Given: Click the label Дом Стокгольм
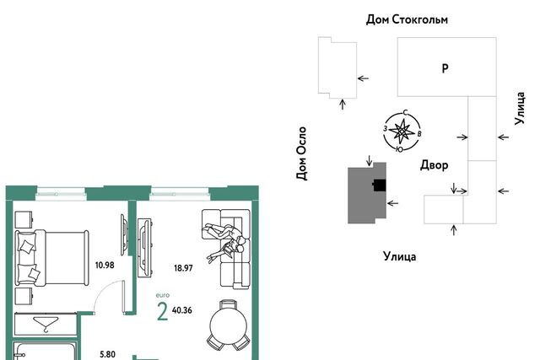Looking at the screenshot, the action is point(407,19).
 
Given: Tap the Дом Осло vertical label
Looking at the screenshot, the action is point(301,153).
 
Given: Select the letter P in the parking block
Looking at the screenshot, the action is point(445,68).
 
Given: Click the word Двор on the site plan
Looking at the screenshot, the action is point(434,165).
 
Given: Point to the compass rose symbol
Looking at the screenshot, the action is point(402,132).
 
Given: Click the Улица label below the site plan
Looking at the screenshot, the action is point(399,256).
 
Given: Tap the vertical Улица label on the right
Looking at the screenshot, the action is point(520,108).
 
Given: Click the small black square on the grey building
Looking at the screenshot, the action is point(380,185).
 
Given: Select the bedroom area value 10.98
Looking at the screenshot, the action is point(105,265).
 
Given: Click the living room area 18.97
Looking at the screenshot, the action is point(183,268).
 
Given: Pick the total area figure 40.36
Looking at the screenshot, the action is point(182,310).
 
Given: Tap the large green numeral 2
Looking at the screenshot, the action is point(162,311).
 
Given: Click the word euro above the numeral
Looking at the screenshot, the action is point(163,295).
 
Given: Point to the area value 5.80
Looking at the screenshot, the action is point(107,354).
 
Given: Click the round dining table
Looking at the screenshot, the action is point(229,325).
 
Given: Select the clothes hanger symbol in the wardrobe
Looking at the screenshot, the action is point(46,325).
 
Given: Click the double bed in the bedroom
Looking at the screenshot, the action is point(51,258).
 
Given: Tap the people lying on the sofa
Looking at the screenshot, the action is point(225,241).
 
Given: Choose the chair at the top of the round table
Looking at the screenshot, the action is point(229,304).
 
